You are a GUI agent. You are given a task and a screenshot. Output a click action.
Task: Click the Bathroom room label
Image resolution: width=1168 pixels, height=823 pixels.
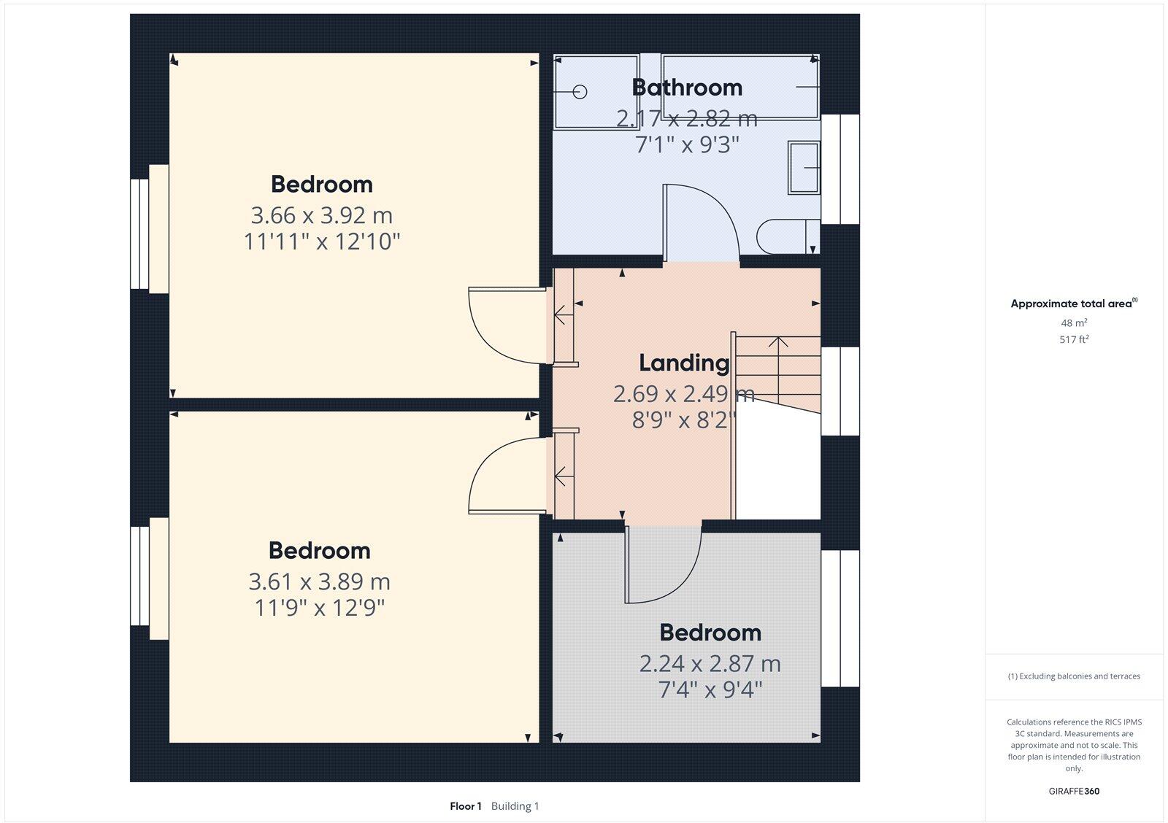686,88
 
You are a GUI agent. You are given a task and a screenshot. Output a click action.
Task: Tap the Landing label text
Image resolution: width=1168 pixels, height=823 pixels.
683,363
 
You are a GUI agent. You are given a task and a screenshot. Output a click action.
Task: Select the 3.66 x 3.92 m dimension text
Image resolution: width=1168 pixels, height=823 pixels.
321,216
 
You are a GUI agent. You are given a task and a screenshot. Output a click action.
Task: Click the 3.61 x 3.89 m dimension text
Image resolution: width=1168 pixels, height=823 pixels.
319,582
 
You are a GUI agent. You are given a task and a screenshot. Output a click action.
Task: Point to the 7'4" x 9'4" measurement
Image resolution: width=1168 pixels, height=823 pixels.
710,689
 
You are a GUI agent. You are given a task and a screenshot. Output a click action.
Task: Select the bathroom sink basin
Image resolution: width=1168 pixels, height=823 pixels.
803,168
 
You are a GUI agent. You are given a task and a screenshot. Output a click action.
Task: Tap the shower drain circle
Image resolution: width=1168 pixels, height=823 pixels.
580,92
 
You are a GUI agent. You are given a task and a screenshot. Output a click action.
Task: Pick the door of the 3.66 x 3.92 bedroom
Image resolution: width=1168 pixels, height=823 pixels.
507,325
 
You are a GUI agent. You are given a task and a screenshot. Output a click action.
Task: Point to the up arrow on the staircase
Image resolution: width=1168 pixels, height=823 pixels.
778,343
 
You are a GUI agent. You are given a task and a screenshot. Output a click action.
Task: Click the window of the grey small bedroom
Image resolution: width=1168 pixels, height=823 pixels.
839,618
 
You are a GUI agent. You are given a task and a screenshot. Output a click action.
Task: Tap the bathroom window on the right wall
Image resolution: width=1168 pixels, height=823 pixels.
839,169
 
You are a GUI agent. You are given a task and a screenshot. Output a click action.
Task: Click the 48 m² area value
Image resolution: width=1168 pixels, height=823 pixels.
1074,322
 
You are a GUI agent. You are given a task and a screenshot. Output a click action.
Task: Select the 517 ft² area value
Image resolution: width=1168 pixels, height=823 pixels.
1074,339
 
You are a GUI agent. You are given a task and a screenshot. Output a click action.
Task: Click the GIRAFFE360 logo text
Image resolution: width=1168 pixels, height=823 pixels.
1074,791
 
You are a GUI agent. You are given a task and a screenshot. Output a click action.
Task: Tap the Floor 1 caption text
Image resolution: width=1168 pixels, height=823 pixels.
466,806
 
